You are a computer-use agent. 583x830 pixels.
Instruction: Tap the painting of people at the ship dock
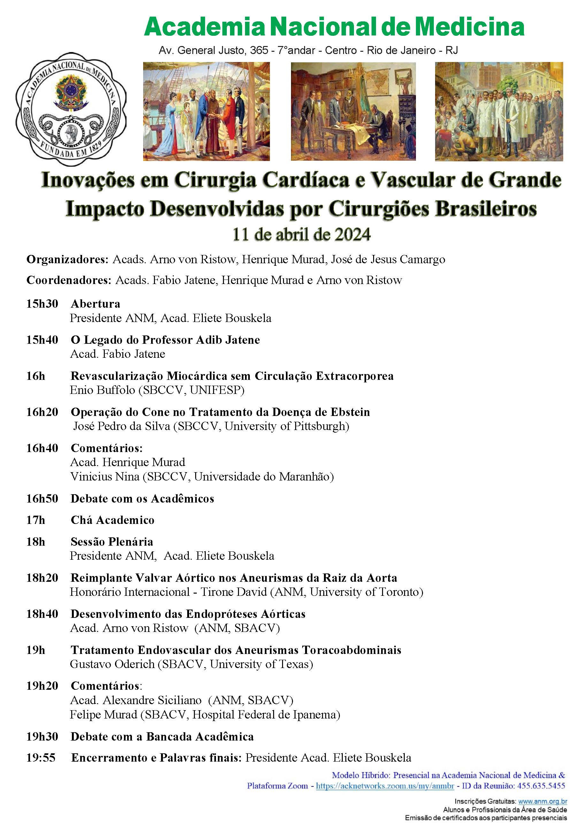206,111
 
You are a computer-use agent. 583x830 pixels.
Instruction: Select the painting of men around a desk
353,111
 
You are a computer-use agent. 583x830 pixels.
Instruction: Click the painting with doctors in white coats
498,111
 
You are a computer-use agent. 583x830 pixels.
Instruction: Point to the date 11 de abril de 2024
302,234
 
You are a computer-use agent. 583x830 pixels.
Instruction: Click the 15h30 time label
42,304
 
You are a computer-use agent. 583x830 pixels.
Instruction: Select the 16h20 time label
42,412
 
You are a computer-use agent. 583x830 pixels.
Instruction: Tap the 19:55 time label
41,758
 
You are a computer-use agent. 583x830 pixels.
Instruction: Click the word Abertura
96,304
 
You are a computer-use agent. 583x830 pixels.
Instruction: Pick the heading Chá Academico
112,520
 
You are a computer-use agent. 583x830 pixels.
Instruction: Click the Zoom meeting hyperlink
385,786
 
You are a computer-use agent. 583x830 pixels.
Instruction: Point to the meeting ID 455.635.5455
541,786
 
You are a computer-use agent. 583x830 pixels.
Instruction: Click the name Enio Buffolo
102,390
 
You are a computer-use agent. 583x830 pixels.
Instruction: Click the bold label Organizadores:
67,259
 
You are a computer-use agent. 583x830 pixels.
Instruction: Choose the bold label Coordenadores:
69,280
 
